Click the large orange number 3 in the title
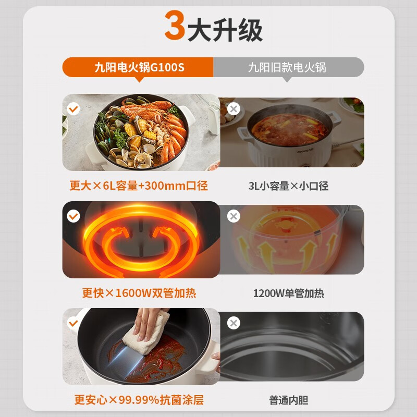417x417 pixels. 175,28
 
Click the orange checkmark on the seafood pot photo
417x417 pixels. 74,109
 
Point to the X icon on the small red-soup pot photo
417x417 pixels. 234,109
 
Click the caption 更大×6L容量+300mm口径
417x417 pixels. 142,186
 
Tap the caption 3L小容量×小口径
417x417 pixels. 288,186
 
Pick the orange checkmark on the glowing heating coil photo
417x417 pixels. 74,216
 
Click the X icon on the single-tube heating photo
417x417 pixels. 234,216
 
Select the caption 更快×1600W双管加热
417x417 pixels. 139,293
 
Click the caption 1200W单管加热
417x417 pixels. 288,293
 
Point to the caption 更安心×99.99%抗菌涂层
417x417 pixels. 139,400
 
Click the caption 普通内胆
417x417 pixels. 288,400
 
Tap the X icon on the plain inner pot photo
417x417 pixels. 234,323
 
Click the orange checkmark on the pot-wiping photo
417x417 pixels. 74,323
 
